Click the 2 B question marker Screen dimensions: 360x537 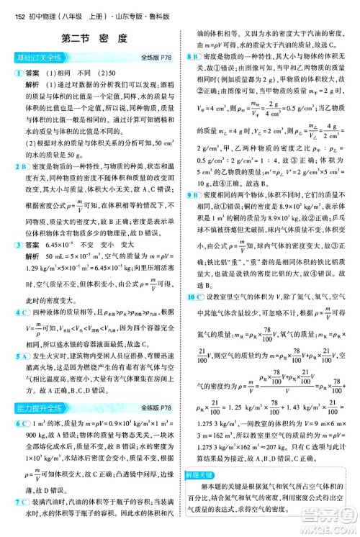point(17,167)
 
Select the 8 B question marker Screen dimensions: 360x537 point(193,55)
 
